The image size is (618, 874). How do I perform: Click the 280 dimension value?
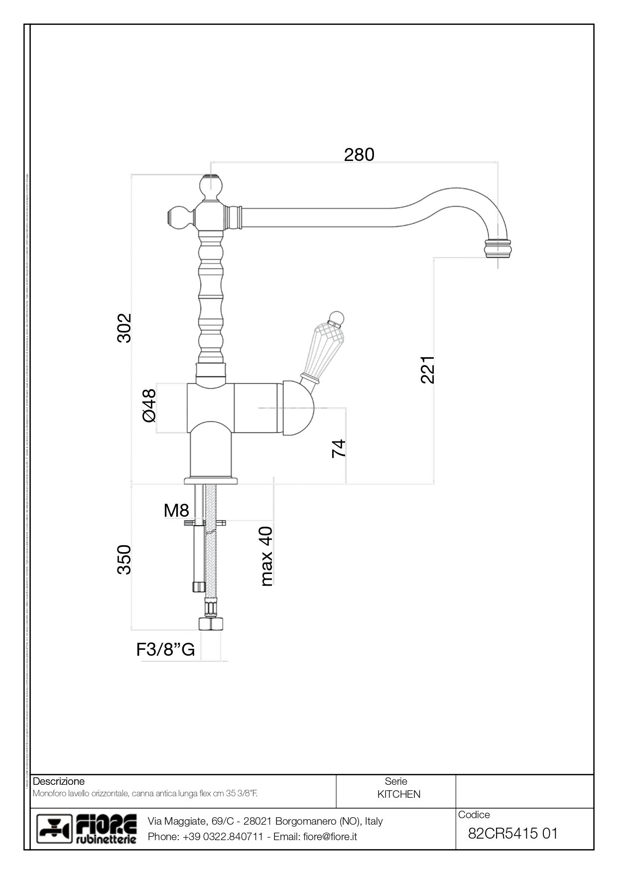359,155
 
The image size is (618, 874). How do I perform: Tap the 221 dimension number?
428,369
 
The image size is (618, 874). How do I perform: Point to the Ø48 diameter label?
149,405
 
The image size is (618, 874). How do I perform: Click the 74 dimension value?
338,448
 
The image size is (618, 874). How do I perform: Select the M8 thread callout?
176,510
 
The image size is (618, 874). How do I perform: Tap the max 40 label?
266,556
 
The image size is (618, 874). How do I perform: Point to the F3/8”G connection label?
165,650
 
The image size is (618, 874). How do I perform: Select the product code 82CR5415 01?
513,833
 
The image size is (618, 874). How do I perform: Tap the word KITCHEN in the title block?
398,794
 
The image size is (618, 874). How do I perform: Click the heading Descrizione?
58,781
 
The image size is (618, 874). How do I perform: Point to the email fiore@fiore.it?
330,837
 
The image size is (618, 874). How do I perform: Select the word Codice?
474,815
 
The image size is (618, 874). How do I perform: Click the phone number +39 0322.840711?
223,837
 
